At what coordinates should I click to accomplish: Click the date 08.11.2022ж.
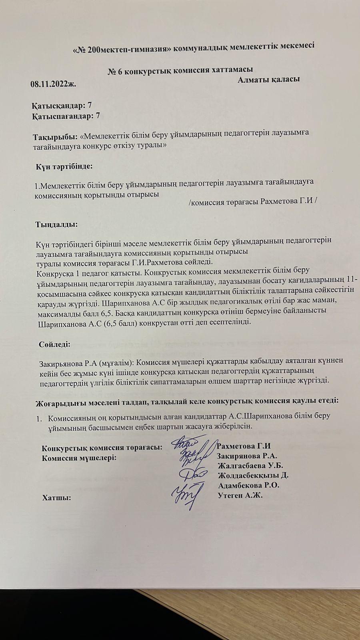(53, 84)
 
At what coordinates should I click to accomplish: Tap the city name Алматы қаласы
(268, 79)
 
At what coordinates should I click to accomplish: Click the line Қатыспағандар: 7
(66, 116)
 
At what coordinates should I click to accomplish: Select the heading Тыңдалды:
(57, 224)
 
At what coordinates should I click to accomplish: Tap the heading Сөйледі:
(55, 344)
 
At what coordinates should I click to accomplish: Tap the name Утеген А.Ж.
(240, 496)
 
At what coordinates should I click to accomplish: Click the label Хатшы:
(56, 498)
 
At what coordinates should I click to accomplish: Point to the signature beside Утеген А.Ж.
(186, 494)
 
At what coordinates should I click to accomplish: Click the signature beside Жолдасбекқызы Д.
(193, 474)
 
